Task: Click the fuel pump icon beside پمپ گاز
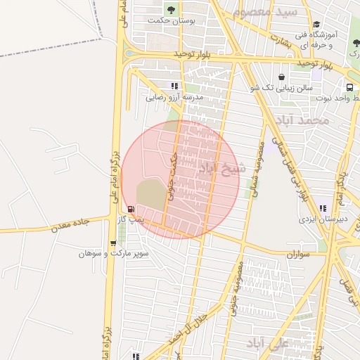click(131, 209)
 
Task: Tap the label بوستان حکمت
click(169, 20)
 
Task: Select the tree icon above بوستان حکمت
click(170, 9)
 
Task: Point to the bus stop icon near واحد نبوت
click(350, 88)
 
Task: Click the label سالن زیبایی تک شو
click(281, 88)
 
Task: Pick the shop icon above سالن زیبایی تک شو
click(281, 77)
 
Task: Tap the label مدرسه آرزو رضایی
click(174, 98)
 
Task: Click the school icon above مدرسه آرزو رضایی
click(174, 86)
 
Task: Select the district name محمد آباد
click(303, 120)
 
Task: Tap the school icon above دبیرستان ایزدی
click(323, 208)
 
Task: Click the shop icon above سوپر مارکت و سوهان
click(112, 243)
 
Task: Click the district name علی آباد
click(269, 343)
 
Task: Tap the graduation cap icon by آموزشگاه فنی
click(316, 25)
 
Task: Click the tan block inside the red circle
click(150, 193)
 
